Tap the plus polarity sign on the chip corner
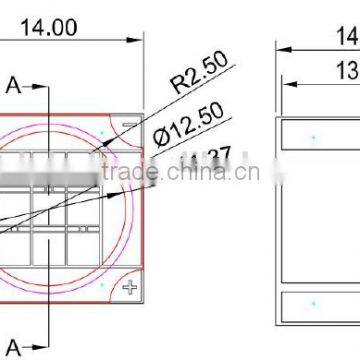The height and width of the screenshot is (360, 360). point(128,288)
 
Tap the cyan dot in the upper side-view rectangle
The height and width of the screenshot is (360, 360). point(313,134)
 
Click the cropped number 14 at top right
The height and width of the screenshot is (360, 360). point(347,38)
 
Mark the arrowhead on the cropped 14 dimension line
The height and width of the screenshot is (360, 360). point(281,46)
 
